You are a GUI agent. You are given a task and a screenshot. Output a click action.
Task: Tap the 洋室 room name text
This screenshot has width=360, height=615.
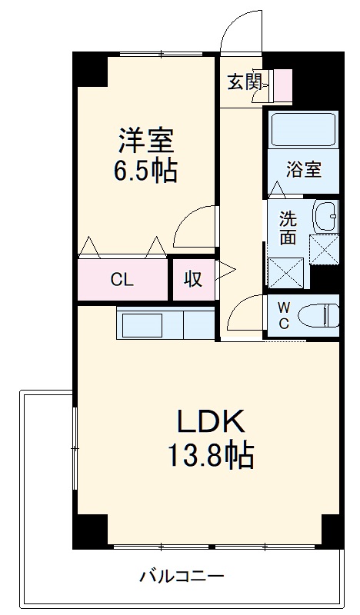tap(146, 141)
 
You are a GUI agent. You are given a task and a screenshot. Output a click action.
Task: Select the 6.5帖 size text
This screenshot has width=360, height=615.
tap(146, 171)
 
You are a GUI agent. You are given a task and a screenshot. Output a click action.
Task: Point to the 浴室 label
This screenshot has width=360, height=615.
tap(303, 170)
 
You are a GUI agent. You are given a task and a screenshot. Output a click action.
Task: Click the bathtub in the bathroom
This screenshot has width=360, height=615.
tap(303, 131)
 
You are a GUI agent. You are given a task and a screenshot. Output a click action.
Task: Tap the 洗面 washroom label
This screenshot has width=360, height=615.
tap(288, 228)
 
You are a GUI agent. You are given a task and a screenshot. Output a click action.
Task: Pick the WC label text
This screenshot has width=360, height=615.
tap(283, 315)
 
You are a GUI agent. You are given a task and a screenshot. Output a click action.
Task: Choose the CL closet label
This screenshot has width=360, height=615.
tap(122, 280)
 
